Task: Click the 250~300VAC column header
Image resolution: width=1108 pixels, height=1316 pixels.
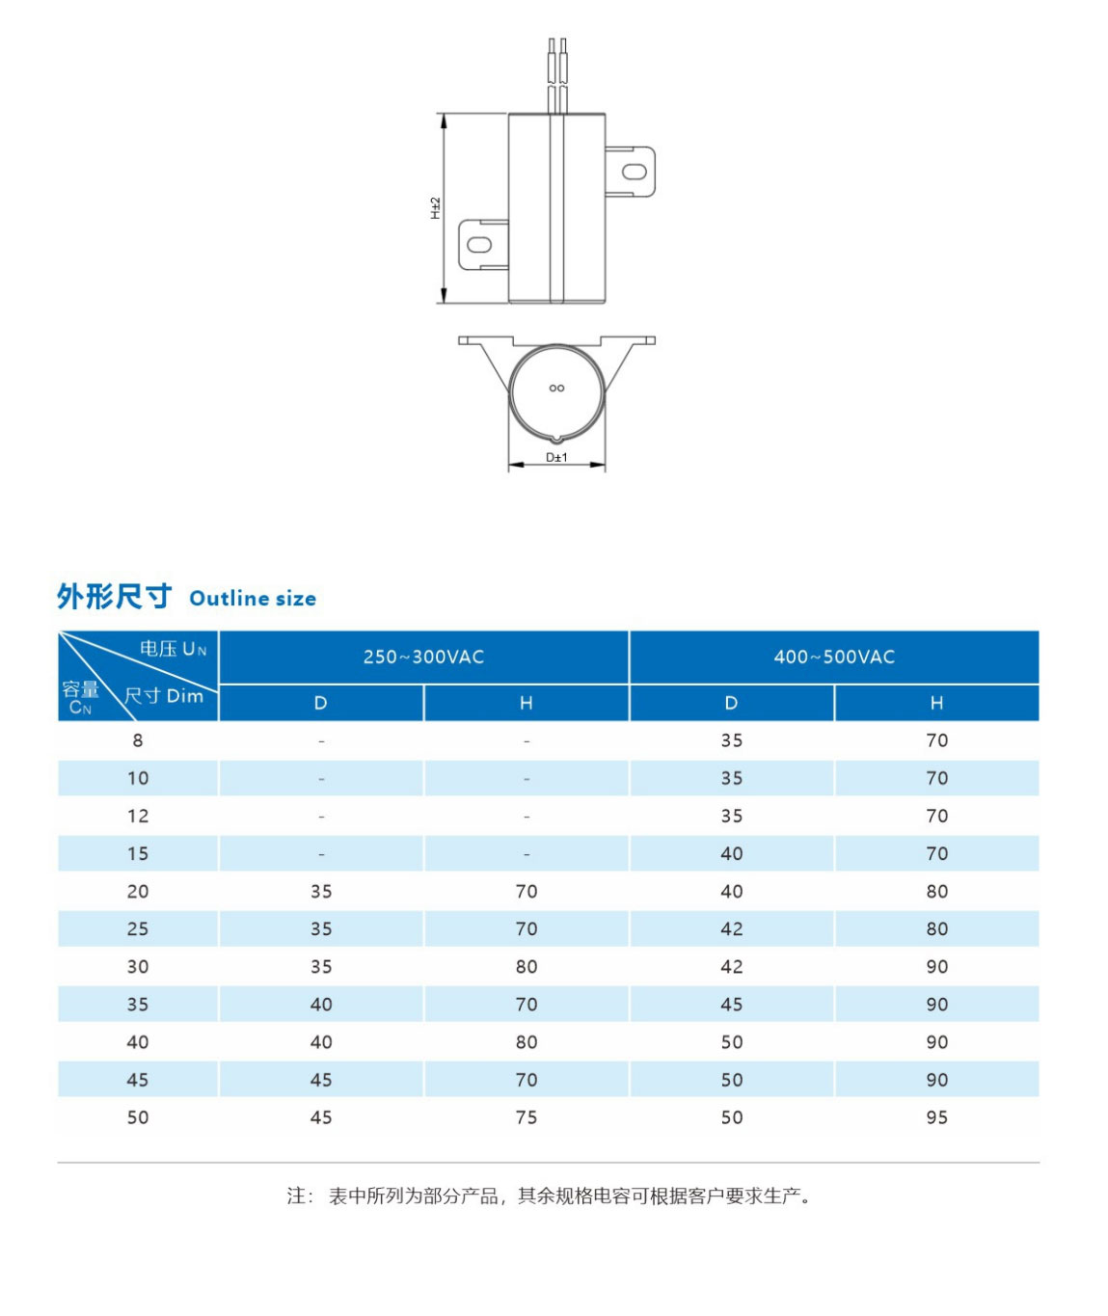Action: [x=423, y=658]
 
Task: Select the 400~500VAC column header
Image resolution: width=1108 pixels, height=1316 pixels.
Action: [x=834, y=658]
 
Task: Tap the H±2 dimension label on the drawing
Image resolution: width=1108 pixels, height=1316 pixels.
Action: [x=435, y=207]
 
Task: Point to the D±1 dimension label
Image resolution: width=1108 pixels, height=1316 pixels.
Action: [x=556, y=457]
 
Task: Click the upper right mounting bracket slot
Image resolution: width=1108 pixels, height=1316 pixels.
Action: [x=634, y=172]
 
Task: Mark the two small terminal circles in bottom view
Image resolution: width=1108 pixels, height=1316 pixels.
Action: [x=556, y=389]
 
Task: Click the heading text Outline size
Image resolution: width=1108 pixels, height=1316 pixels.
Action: [x=253, y=599]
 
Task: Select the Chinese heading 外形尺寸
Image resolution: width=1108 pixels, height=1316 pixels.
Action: [x=114, y=597]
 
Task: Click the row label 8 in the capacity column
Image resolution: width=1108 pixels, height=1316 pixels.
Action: [x=138, y=740]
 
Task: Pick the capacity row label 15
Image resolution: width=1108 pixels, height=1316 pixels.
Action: [x=138, y=854]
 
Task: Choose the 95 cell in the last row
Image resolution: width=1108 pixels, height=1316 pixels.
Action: [x=936, y=1117]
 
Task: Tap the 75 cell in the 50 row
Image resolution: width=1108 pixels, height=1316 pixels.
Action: [x=527, y=1117]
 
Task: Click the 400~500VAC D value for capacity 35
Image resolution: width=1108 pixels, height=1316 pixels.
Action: [x=731, y=1005]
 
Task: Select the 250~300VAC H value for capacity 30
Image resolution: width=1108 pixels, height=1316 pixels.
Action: [x=527, y=967]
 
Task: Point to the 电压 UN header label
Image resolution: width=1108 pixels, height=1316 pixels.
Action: [x=174, y=649]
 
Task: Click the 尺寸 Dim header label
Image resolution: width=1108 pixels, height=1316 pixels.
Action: [x=164, y=696]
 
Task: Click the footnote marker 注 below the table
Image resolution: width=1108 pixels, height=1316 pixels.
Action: [x=297, y=1196]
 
